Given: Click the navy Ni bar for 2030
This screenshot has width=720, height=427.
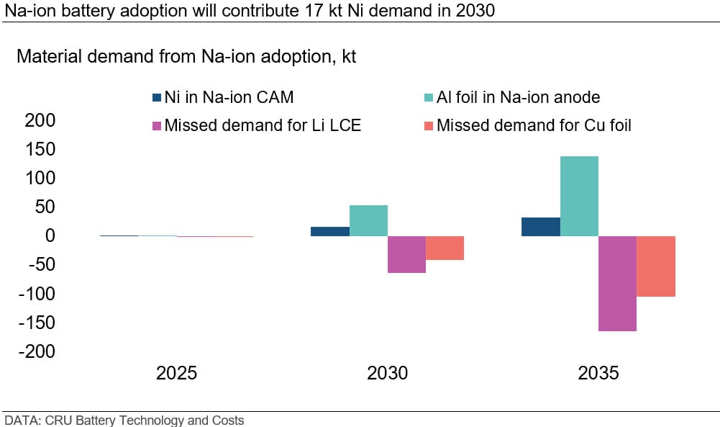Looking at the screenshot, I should coord(330,231).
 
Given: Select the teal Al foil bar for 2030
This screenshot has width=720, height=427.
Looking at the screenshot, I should coord(368,220).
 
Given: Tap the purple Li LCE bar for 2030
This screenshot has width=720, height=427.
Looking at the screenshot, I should coord(406,254).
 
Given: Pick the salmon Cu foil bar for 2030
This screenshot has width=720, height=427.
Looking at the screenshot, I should coord(445,248).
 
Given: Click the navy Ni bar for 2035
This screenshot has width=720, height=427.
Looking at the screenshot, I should coord(541,226).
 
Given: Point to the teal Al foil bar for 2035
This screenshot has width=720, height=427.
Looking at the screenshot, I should coord(579,196).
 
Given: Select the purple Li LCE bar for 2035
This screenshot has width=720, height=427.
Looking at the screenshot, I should coord(617,283).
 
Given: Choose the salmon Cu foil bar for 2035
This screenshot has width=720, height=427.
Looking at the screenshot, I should coord(656,266).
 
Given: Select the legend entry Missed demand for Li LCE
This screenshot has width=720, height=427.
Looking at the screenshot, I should coord(256,125).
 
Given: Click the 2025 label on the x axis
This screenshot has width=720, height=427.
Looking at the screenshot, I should coord(177,374).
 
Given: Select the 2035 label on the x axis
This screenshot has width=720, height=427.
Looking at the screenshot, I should coord(598,374).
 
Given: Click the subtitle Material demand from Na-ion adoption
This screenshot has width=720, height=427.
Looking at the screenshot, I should coord(186,58).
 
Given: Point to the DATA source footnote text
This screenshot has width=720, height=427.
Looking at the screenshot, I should coord(124,420).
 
